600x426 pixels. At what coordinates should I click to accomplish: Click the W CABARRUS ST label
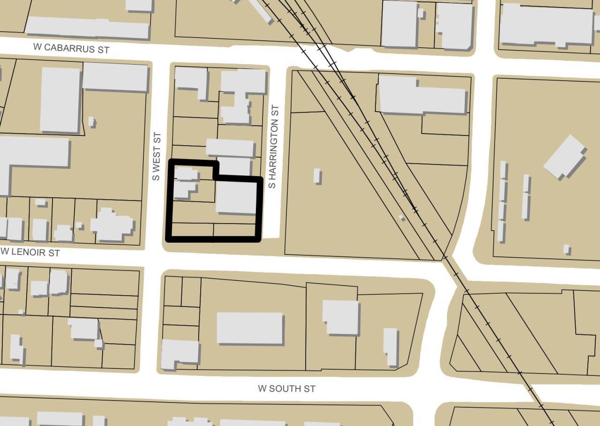(x=71, y=48)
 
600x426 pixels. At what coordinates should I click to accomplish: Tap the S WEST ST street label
(x=157, y=157)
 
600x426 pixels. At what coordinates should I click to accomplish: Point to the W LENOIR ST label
(x=30, y=252)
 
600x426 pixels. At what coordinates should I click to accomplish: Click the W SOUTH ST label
(x=286, y=389)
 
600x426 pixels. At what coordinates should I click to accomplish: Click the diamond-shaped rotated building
(x=565, y=157)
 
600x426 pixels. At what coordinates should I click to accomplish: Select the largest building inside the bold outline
(x=236, y=197)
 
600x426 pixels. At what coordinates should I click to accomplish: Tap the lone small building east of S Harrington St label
(x=317, y=176)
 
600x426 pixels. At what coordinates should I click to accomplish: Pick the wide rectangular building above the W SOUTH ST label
(x=250, y=328)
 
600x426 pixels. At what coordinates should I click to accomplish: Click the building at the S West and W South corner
(x=180, y=353)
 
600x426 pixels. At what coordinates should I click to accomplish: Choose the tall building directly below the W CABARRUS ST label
(x=60, y=99)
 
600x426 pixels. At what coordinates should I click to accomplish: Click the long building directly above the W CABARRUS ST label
(x=87, y=28)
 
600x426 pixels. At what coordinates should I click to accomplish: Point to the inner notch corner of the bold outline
(x=216, y=178)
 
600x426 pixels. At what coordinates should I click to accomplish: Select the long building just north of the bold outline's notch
(x=230, y=148)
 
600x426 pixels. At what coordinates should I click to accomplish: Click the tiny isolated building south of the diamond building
(x=566, y=249)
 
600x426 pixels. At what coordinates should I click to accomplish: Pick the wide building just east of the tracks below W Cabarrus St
(x=421, y=96)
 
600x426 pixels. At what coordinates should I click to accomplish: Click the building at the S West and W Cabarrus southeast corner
(x=192, y=80)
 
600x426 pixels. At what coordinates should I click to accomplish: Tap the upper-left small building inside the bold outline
(x=186, y=174)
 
